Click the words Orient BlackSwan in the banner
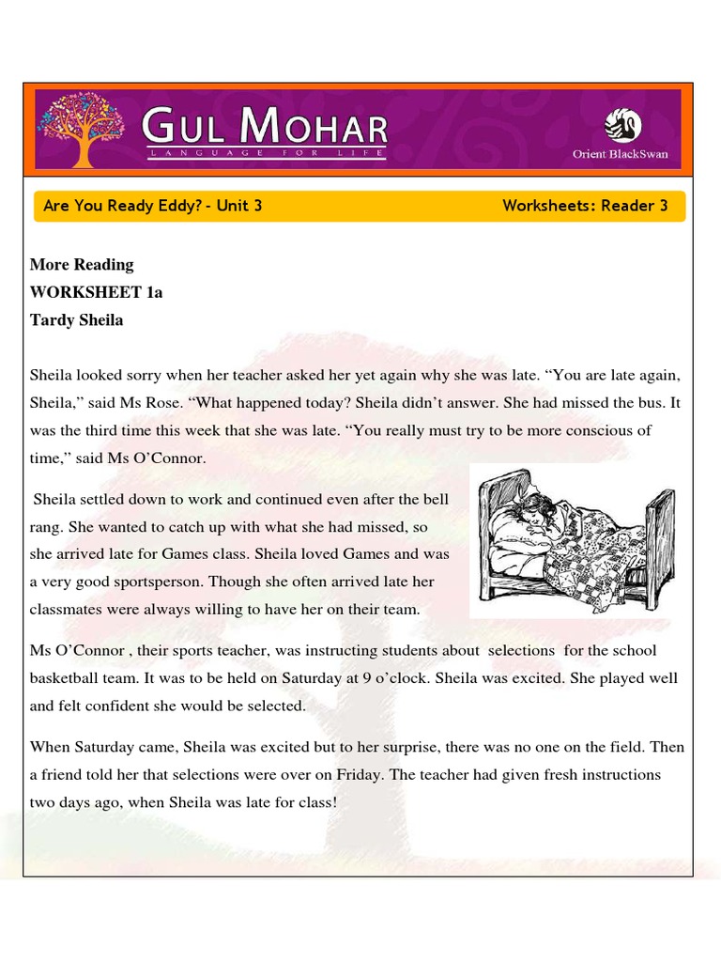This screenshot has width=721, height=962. (x=621, y=154)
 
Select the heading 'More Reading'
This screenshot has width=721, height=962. (x=82, y=264)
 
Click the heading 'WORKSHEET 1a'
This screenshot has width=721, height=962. (x=96, y=292)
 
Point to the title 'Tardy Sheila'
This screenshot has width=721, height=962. (x=76, y=320)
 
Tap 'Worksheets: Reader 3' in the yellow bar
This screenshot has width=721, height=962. (x=585, y=206)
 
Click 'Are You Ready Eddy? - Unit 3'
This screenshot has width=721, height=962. (x=152, y=206)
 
